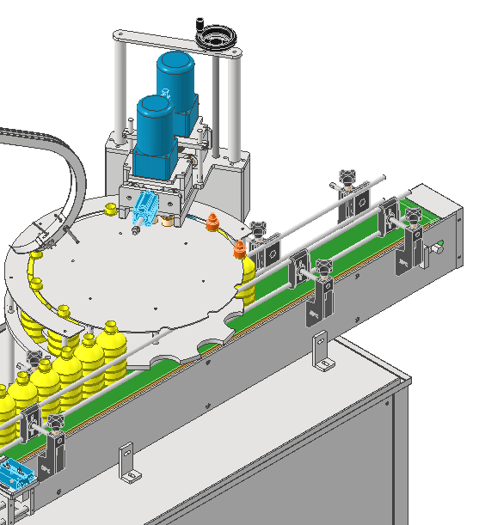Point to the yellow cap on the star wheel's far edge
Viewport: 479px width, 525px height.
click(x=111, y=209)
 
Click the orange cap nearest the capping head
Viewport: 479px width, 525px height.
click(x=213, y=223)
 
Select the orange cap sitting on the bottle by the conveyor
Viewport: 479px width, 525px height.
click(x=241, y=250)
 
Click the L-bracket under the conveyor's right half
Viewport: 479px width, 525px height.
click(x=322, y=352)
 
